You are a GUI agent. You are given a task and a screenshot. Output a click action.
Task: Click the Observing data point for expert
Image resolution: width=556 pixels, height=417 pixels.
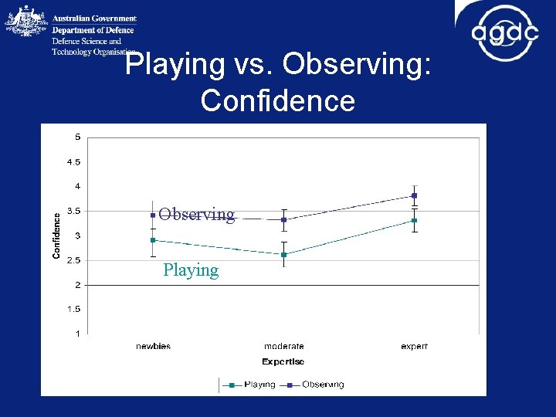pos(415,195)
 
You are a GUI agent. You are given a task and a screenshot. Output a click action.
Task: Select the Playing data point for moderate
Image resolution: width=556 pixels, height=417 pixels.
pos(284,254)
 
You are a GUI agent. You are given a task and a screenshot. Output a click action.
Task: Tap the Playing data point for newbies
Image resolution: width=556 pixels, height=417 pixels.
pos(153,240)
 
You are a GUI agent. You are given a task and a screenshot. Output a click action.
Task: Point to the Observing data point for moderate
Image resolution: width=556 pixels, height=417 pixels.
pos(284,219)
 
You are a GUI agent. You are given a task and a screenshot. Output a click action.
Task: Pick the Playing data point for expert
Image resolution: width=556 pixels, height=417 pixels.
pos(415,220)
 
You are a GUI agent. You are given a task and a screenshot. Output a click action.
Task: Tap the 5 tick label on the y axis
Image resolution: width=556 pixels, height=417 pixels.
pos(76,137)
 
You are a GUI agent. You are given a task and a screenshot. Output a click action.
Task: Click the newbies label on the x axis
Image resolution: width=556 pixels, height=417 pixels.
pos(153,347)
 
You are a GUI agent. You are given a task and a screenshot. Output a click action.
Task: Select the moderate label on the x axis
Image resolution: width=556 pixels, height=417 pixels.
pos(284,347)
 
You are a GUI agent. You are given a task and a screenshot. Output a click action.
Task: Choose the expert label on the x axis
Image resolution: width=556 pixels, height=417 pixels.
pos(415,347)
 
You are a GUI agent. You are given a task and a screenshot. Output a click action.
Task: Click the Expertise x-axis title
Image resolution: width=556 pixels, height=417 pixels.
pos(283,361)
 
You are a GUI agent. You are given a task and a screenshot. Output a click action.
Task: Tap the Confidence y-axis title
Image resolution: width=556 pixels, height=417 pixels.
pos(56,236)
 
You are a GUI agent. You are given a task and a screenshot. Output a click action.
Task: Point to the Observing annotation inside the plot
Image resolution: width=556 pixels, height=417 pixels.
pos(196,215)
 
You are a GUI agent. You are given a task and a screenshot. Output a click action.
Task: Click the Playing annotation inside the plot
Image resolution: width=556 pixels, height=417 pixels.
pos(191,270)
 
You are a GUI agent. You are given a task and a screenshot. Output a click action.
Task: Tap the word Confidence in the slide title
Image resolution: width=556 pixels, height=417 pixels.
pos(277,100)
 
